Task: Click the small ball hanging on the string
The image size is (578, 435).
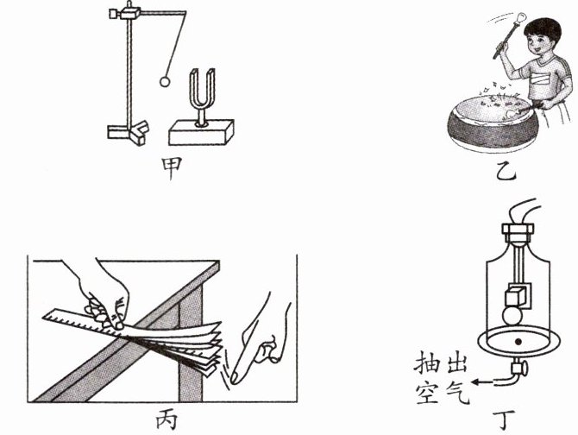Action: [166, 82]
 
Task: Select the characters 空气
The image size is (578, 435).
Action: [443, 393]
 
